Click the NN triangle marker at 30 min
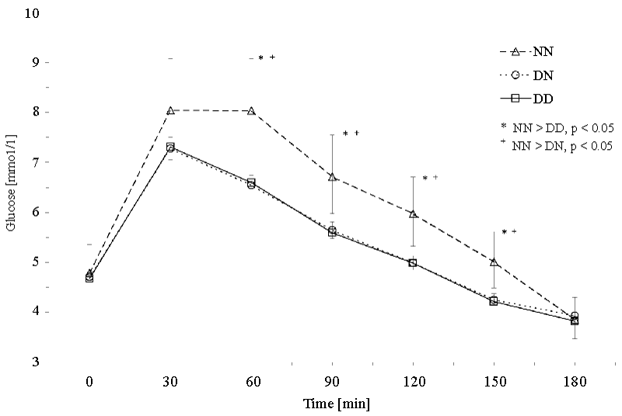pos(170,110)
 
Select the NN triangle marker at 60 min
pos(251,111)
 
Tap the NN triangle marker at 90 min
pos(332,177)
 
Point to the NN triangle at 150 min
pos(494,262)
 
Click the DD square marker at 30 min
pos(170,146)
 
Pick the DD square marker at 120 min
pos(413,263)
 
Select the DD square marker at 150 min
pos(494,301)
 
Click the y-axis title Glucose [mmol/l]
pos(12,186)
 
